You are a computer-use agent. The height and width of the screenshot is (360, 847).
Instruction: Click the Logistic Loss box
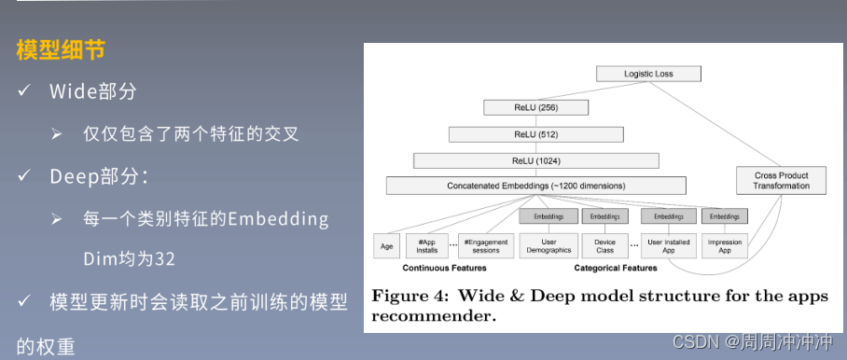(x=648, y=74)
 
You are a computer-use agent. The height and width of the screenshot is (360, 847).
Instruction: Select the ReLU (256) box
(x=535, y=108)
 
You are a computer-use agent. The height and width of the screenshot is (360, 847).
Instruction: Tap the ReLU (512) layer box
(x=535, y=134)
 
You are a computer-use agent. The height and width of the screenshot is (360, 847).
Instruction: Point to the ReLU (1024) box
(x=535, y=160)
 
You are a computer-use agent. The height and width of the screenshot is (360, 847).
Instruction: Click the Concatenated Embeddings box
(x=535, y=186)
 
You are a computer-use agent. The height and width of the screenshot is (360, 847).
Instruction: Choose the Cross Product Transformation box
(x=781, y=181)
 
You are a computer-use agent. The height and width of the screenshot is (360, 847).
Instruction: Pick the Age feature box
(x=387, y=246)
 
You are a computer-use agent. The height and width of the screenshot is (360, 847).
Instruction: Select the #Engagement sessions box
(x=486, y=246)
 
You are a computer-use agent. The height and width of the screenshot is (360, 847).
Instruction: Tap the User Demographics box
(x=548, y=246)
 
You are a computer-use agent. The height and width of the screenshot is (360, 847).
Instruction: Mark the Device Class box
(x=604, y=246)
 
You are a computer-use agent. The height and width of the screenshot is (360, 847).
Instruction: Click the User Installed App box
(x=668, y=246)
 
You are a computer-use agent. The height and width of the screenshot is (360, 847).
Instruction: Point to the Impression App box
(x=724, y=246)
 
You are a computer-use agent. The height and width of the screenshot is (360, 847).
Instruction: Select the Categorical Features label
(x=615, y=269)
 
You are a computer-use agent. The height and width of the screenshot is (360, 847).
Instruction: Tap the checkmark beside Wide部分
(x=23, y=91)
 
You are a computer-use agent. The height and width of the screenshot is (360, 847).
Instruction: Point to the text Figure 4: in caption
(x=410, y=298)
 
